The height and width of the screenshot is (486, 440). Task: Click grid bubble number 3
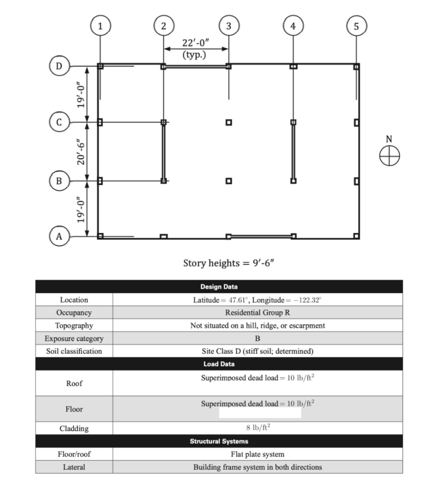pos(228,26)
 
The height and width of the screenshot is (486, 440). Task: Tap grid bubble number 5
pos(356,26)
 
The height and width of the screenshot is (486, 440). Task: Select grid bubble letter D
pos(59,66)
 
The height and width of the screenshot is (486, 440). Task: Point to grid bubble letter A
pos(59,236)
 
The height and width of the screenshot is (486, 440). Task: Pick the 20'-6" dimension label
pos(81,151)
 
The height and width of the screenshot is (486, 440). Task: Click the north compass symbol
pos(389,155)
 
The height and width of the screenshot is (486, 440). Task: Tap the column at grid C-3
pos(229,122)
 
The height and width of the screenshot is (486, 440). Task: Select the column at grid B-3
pos(229,181)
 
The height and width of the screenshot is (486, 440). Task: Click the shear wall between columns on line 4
pos(293,151)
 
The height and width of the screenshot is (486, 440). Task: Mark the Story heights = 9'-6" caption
pos(229,263)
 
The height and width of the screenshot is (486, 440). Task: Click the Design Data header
pos(219,287)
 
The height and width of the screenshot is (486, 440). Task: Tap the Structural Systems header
pos(219,441)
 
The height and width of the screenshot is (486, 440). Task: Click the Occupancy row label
pos(74,313)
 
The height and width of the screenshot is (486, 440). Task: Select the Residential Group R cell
pos(257,313)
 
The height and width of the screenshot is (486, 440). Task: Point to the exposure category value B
pos(257,338)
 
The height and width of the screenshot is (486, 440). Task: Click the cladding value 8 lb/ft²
pos(258,428)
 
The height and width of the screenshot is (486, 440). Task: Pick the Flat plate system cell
pos(257,454)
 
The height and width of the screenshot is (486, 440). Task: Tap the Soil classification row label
pos(74,351)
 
